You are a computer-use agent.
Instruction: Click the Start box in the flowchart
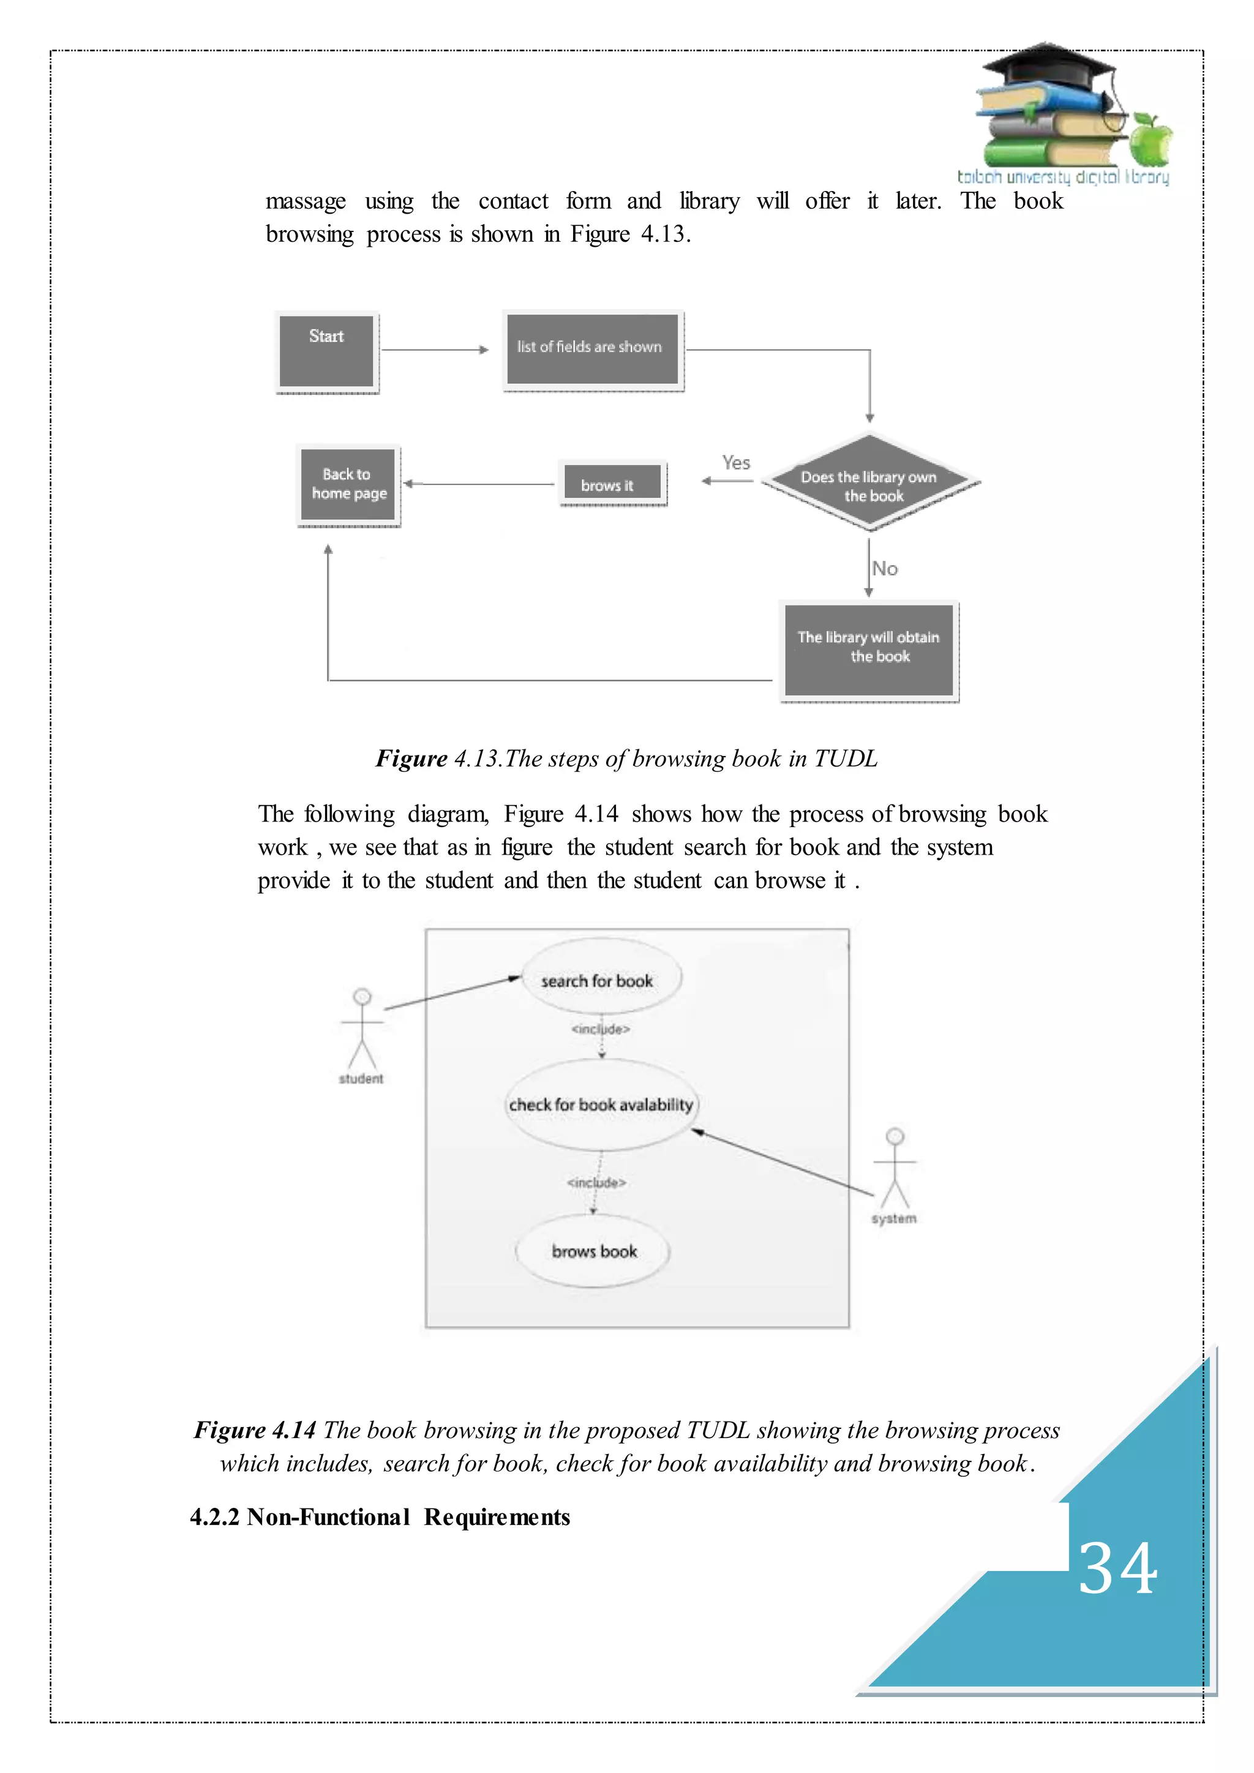coord(326,351)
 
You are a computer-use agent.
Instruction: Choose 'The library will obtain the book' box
coord(869,650)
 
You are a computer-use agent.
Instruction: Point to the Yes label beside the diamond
coord(736,463)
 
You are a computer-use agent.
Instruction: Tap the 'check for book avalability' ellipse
coord(601,1104)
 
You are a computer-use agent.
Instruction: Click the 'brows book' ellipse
coord(593,1250)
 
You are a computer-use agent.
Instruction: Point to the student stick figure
coord(361,1031)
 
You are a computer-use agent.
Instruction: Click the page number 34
coord(1117,1569)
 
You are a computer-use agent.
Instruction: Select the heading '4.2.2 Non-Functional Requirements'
coord(380,1516)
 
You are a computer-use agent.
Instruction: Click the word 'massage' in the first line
coord(306,201)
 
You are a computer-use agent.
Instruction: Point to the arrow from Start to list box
coord(435,350)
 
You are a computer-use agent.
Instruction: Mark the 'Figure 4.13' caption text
coord(626,759)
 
